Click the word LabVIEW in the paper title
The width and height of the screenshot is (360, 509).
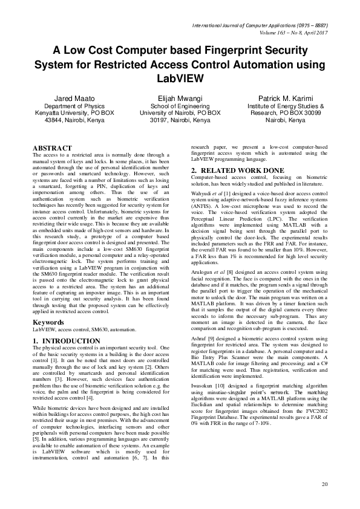[180, 78]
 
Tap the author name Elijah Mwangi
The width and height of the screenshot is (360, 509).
[180, 98]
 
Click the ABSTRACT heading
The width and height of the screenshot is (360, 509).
[52, 148]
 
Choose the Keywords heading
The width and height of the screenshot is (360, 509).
[48, 323]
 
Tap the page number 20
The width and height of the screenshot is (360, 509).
[324, 484]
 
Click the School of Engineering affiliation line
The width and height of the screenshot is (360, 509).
[180, 106]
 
